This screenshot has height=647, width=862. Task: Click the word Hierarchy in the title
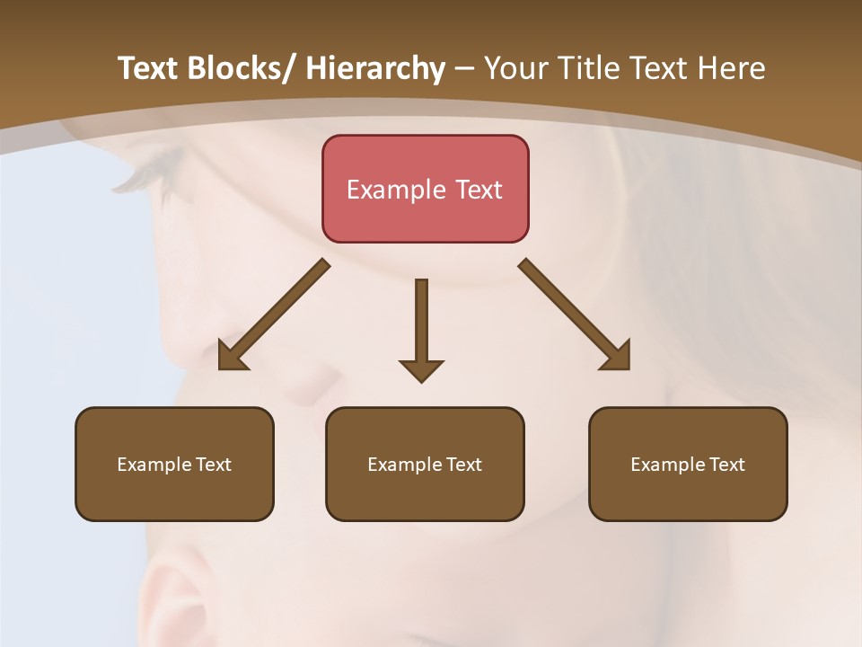[375, 68]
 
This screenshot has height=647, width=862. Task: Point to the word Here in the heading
[732, 68]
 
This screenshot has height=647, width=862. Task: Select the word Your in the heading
[515, 68]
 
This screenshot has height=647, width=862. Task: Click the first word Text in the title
[148, 68]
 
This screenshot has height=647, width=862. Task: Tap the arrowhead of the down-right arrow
[618, 357]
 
